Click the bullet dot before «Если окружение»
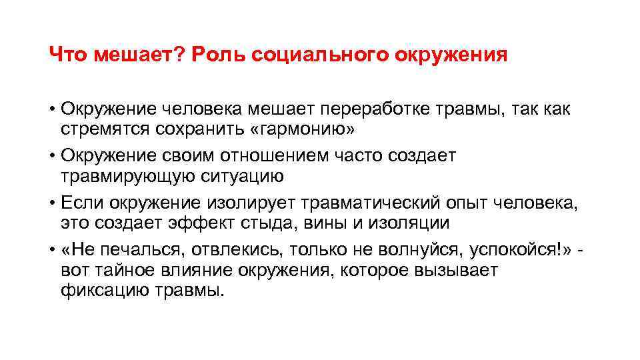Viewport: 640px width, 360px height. pyautogui.click(x=52, y=203)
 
